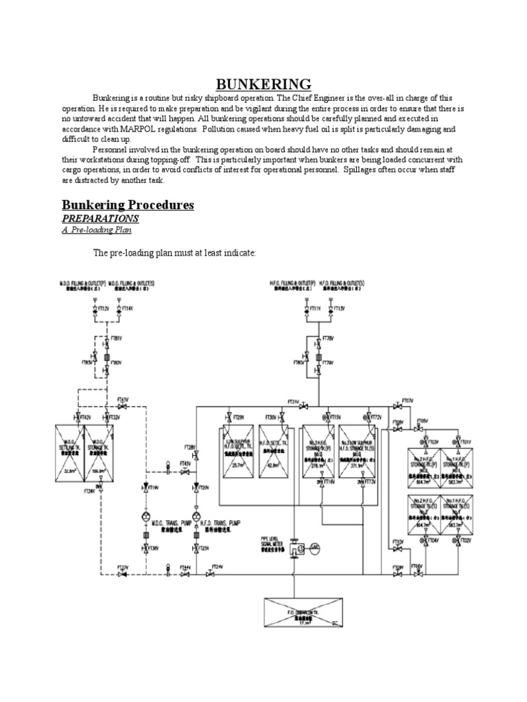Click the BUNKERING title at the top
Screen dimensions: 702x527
click(264, 84)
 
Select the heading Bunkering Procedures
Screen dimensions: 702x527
click(128, 205)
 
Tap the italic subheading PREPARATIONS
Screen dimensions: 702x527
click(101, 218)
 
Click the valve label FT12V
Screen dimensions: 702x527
click(104, 309)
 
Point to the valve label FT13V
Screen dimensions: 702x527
click(337, 309)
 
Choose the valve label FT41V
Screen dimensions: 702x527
click(123, 398)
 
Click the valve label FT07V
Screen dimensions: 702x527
click(408, 399)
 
